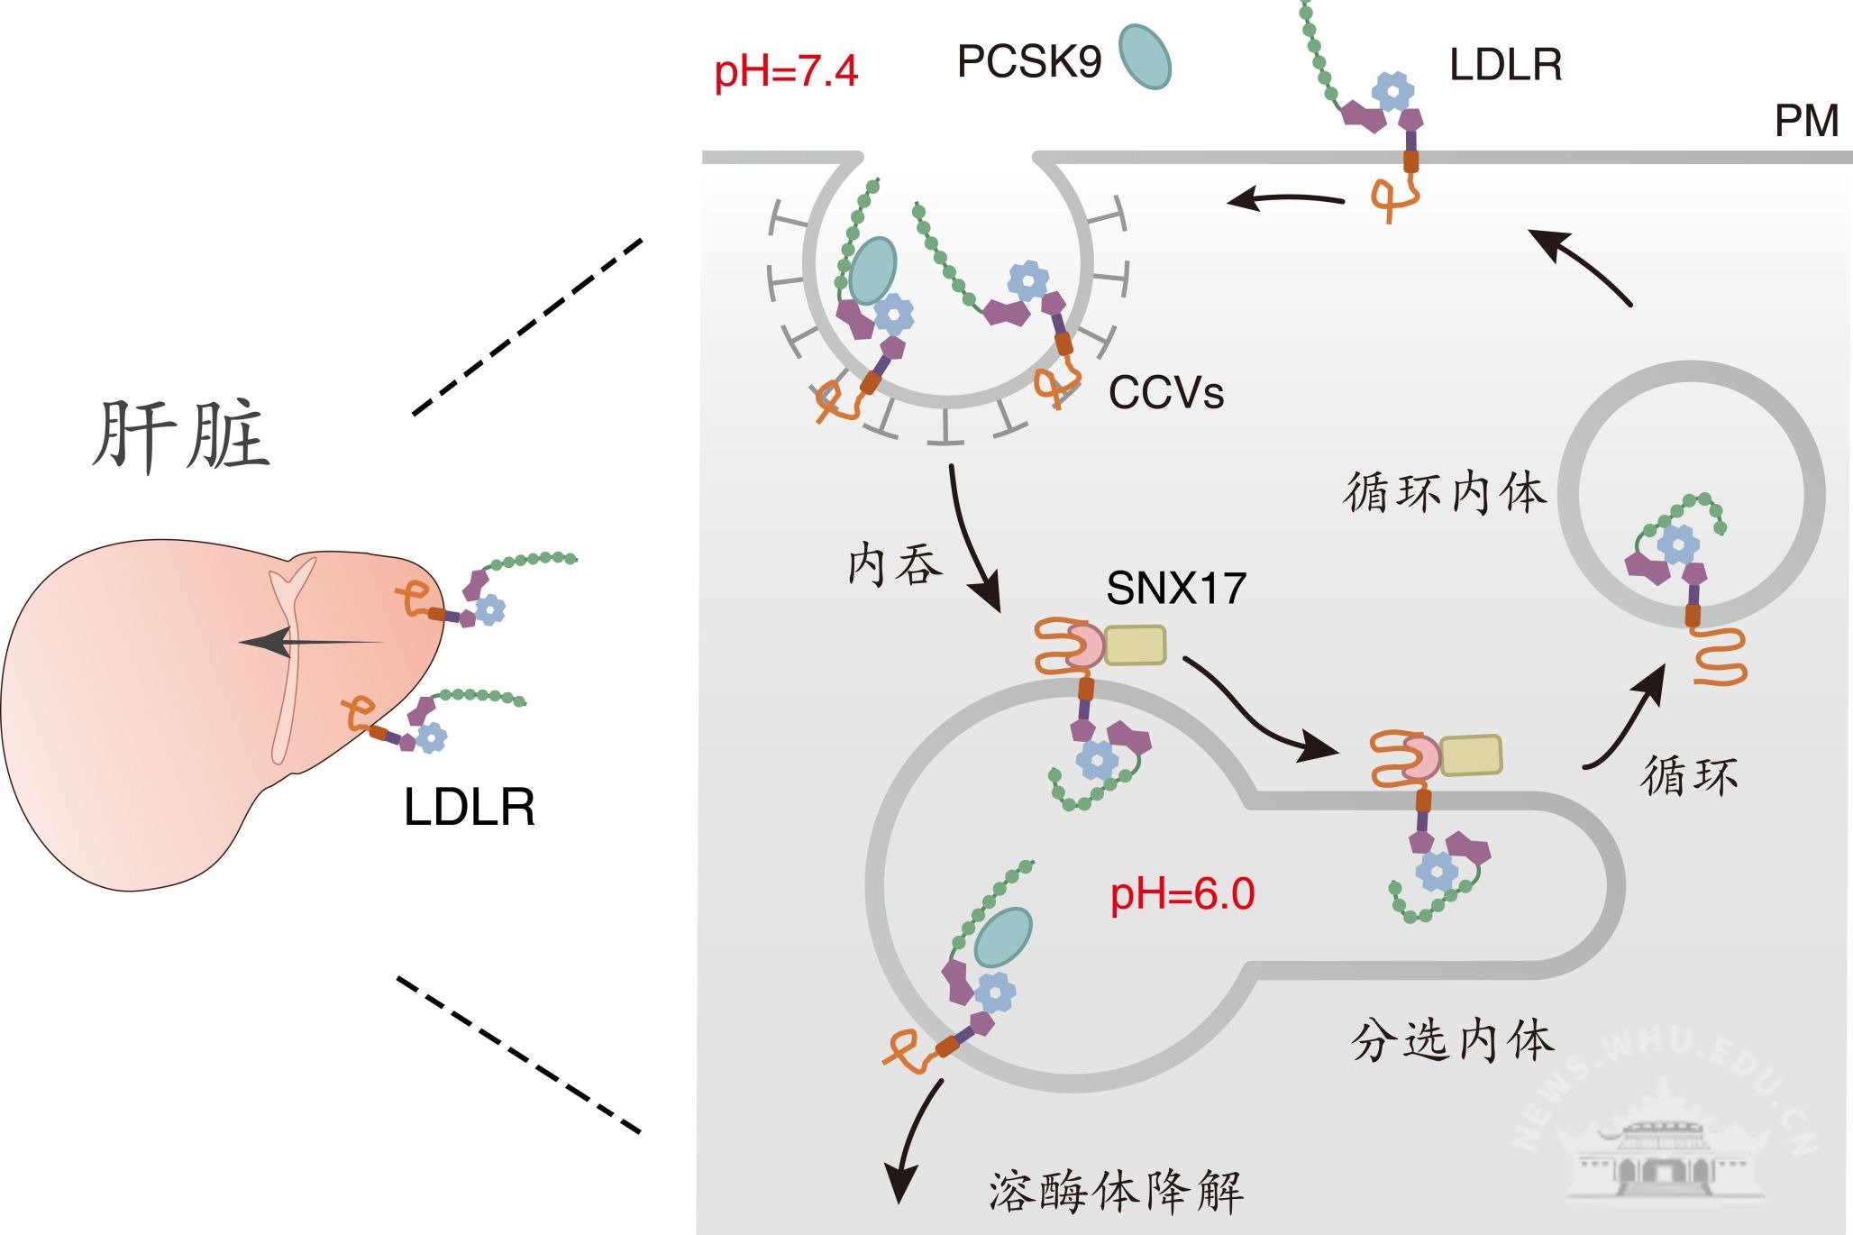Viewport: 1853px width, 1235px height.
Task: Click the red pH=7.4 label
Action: (786, 71)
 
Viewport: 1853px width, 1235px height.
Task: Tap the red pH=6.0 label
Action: (1182, 894)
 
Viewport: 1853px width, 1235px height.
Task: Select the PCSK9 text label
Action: (1028, 61)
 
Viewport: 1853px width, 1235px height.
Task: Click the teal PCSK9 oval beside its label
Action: (1145, 56)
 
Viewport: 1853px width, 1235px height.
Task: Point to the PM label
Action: (1806, 121)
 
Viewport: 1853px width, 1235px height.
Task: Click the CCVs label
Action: (1166, 392)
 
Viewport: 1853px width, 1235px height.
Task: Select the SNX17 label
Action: (1176, 589)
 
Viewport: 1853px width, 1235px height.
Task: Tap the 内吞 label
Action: (894, 566)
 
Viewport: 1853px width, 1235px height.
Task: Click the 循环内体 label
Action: (1445, 493)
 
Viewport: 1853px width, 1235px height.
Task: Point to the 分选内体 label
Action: (1452, 1041)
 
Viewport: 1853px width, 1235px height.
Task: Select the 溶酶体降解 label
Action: (1116, 1191)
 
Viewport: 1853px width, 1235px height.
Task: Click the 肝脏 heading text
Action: (181, 436)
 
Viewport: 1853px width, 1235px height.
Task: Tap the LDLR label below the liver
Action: (469, 807)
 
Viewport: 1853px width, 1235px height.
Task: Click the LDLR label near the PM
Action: (1505, 65)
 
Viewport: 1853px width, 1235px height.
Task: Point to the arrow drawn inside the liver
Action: (311, 643)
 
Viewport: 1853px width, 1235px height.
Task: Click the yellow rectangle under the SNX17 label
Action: (1135, 645)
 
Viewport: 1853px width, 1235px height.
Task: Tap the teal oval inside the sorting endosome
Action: (1003, 936)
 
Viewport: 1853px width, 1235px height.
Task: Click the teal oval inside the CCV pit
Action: (872, 270)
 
